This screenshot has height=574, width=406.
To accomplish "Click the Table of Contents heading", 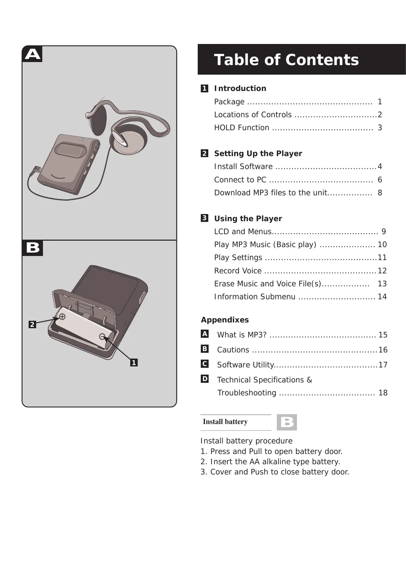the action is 286,60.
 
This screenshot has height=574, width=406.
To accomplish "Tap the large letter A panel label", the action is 33,54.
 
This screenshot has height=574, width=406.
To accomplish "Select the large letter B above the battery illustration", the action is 33,248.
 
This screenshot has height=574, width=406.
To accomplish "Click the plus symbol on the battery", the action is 62,317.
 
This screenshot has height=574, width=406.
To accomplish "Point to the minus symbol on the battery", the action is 102,337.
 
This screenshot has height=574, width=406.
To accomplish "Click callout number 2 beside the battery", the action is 32,324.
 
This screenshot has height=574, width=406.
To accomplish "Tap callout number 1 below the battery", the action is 134,363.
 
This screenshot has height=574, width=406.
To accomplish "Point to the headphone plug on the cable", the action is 35,170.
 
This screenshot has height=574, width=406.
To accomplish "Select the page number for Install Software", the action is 380,167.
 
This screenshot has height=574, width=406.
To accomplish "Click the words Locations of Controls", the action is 253,115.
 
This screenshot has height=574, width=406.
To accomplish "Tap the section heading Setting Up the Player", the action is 258,154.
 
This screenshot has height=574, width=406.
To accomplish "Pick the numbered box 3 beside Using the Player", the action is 205,218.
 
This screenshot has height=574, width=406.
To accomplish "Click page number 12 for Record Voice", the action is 382,271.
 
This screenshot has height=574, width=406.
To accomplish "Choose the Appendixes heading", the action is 225,320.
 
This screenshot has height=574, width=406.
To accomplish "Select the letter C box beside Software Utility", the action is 205,364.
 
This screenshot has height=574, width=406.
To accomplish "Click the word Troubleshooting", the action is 247,393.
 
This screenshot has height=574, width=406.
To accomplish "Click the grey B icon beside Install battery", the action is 287,422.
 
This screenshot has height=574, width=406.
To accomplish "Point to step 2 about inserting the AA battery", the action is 270,462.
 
